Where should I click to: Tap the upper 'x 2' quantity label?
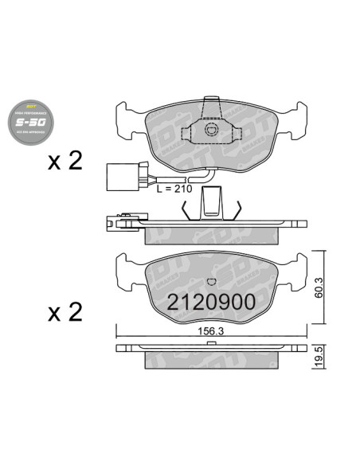(x=65, y=162)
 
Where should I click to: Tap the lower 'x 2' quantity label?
(x=65, y=312)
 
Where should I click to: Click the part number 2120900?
(x=210, y=302)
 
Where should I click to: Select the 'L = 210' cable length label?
(x=175, y=189)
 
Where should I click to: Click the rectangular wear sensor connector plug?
(x=119, y=177)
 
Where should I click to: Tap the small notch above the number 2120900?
(x=211, y=281)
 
